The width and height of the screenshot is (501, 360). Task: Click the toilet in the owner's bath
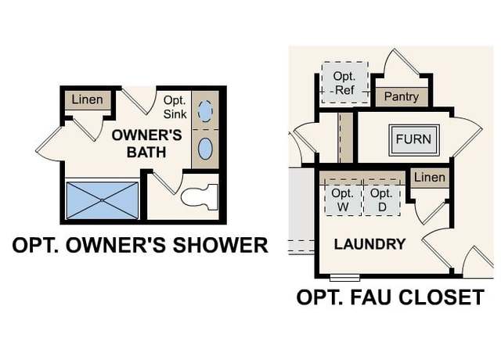[x=200, y=196]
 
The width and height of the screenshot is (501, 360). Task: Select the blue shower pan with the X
[x=103, y=200]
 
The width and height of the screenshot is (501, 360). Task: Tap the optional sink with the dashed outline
[x=205, y=111]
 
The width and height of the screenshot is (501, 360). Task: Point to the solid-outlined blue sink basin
[x=205, y=149]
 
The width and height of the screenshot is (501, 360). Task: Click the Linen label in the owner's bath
[x=87, y=99]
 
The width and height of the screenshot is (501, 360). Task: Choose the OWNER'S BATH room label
[x=146, y=143]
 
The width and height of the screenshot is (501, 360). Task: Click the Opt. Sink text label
[x=175, y=107]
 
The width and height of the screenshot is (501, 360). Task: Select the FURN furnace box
[x=414, y=140]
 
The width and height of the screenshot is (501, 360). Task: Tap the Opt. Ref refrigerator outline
[x=344, y=82]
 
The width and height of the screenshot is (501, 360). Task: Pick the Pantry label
[x=402, y=96]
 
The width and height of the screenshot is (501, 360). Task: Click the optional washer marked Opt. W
[x=343, y=198]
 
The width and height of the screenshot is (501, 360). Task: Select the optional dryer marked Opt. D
[x=382, y=198]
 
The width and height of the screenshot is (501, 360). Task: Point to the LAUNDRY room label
[x=369, y=244]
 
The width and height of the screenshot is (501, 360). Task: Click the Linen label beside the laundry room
[x=430, y=178]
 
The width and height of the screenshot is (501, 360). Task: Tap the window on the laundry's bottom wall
[x=344, y=278]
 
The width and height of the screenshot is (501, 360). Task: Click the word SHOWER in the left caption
[x=221, y=245]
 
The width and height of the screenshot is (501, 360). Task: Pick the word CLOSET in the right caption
[x=442, y=297]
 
